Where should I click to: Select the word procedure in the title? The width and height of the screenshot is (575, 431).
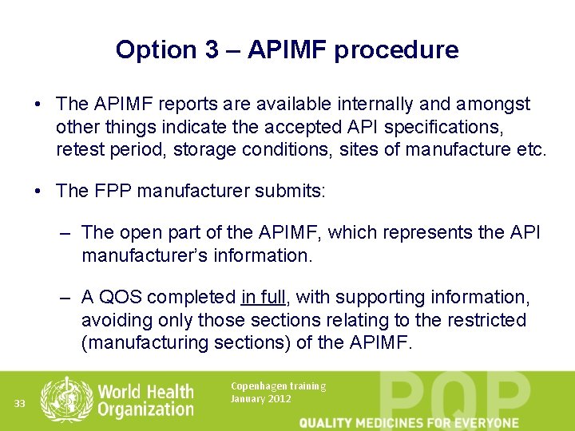(396, 50)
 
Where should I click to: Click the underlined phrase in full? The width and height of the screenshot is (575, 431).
(263, 298)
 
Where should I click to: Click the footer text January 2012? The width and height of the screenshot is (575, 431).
(260, 398)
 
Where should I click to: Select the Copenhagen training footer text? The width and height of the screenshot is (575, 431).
(278, 386)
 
